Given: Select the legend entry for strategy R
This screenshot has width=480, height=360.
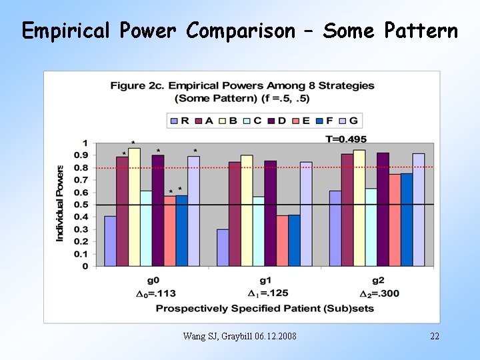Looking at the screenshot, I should [179, 121].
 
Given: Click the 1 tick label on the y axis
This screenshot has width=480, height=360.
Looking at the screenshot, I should [85, 143].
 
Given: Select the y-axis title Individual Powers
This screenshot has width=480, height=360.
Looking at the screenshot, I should [60, 203].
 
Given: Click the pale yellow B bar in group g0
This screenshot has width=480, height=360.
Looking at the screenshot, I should [134, 207].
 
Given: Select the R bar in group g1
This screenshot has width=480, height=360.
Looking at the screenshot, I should [223, 247].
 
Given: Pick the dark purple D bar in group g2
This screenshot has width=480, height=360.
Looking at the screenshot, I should [383, 209].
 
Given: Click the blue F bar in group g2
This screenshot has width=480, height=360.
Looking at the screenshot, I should [406, 220].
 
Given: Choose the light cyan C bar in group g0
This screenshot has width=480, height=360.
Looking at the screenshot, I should [146, 228].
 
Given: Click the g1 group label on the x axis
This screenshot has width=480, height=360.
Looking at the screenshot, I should [265, 281].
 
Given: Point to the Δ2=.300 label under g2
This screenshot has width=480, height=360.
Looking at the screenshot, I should [378, 293].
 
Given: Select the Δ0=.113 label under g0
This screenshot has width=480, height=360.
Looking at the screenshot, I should [153, 293].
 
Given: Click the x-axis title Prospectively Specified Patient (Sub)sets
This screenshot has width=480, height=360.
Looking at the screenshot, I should [265, 308].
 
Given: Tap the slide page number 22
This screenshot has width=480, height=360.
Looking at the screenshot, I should [435, 336].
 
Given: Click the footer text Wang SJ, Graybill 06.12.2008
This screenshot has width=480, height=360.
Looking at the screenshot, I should [239, 336].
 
